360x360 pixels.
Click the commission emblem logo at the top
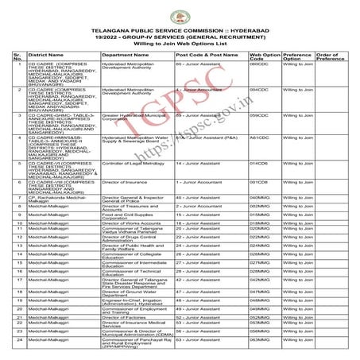[x=180, y=9]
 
